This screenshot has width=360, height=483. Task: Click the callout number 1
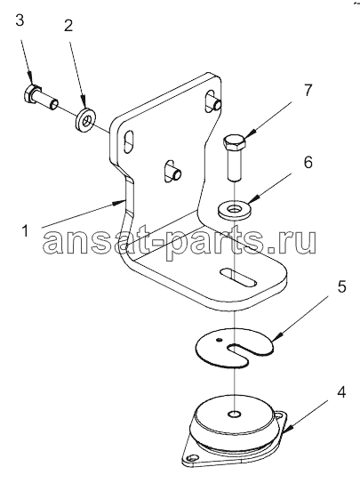pos(25,230)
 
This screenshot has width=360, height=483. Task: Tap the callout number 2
pos(68,25)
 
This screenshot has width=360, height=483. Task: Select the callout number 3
pos(20,20)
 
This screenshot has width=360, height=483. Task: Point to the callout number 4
pos(341,392)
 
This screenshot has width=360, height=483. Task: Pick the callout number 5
pos(341,286)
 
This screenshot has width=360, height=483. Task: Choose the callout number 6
pos(308,163)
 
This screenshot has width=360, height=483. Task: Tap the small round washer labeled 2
pos(85,118)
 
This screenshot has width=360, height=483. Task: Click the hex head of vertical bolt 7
pos(234,141)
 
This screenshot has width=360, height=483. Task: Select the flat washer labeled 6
pos(235,210)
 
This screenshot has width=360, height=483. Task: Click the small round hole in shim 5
pos(219,340)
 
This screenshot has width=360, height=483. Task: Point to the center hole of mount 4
pos(234,414)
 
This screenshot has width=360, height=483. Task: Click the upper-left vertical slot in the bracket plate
pos(129,141)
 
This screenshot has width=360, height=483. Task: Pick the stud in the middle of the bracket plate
pos(173,170)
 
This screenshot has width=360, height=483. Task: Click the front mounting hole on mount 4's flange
pos(193,456)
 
